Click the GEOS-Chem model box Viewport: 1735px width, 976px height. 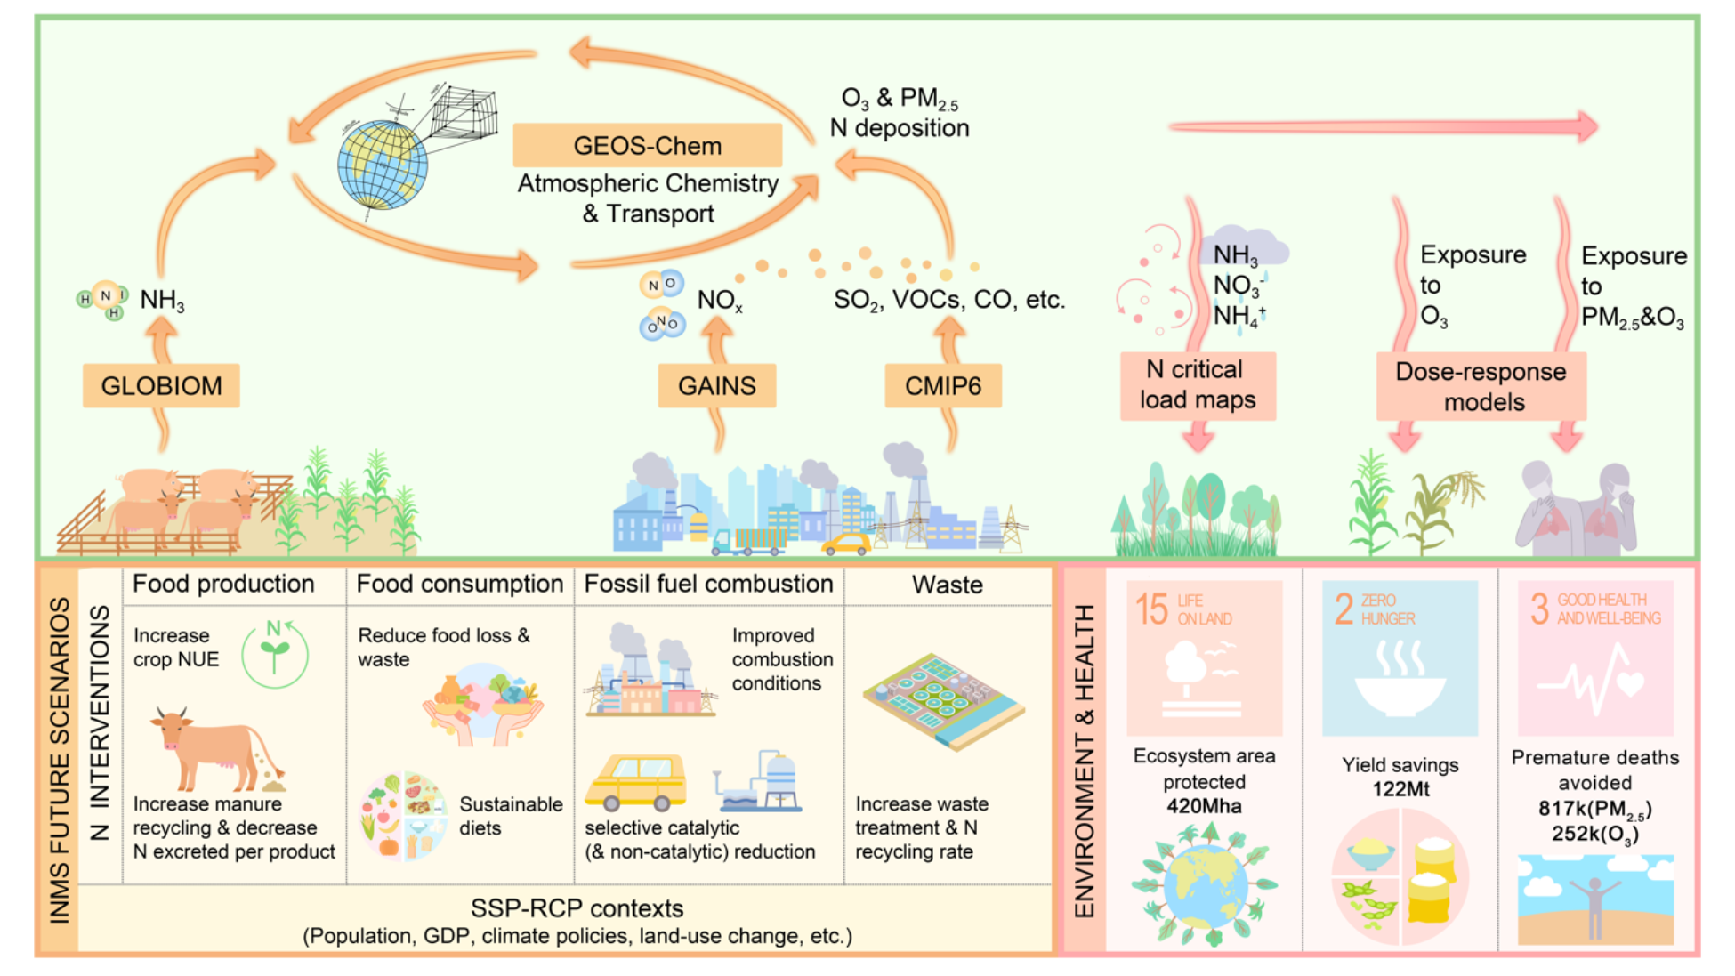[x=647, y=146]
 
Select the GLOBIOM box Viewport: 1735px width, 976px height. [x=161, y=385]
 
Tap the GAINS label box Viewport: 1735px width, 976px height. [x=716, y=385]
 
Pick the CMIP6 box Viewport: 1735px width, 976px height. [x=943, y=385]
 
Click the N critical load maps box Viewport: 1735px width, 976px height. [x=1198, y=385]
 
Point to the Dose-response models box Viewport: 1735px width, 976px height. [x=1481, y=387]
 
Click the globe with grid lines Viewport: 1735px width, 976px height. [x=383, y=165]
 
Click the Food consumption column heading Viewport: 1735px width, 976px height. [x=460, y=584]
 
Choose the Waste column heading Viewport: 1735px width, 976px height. [x=948, y=585]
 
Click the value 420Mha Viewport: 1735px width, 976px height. [x=1204, y=806]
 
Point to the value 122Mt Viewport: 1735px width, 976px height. [x=1400, y=789]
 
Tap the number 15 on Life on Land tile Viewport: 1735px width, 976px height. [x=1151, y=609]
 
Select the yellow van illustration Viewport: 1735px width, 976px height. [x=636, y=781]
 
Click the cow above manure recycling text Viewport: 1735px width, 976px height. [x=214, y=747]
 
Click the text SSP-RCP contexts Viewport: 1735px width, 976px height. [x=577, y=908]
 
